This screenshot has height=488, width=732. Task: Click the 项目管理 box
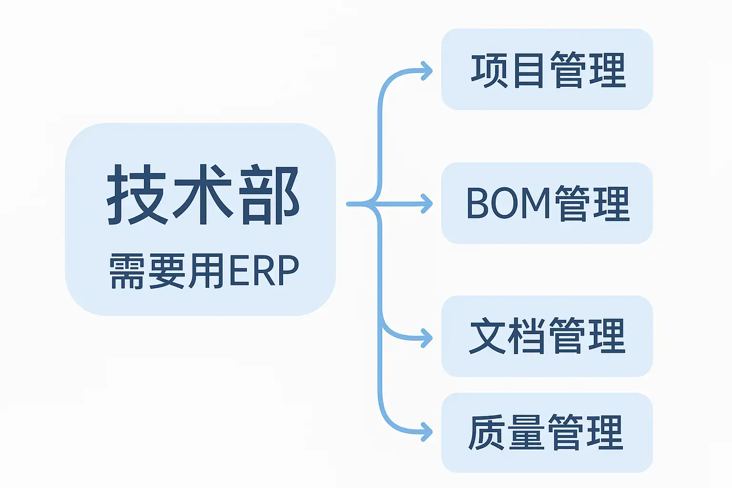coord(547,70)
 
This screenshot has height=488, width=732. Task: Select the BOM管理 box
coord(547,203)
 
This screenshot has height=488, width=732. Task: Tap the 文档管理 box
coord(547,336)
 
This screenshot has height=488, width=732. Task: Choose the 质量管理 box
coord(547,433)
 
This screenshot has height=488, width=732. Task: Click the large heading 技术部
coord(203,195)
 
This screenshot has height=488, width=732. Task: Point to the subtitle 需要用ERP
coord(204,271)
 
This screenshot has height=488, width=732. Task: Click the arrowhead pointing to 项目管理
coord(427,71)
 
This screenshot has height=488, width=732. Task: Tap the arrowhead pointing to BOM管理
coord(427,204)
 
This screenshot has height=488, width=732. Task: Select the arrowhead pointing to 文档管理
coord(427,338)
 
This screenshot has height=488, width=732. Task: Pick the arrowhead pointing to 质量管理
coord(427,433)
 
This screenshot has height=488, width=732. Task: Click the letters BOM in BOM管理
coord(508,203)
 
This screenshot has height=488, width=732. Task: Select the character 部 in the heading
coord(270,195)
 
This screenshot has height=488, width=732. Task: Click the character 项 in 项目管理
coord(488,71)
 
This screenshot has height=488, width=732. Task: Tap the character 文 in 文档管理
coord(488,336)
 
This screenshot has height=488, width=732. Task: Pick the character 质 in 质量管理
coord(487,433)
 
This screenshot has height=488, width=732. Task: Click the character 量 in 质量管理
coord(527,433)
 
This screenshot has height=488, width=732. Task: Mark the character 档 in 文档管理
coord(527,336)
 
